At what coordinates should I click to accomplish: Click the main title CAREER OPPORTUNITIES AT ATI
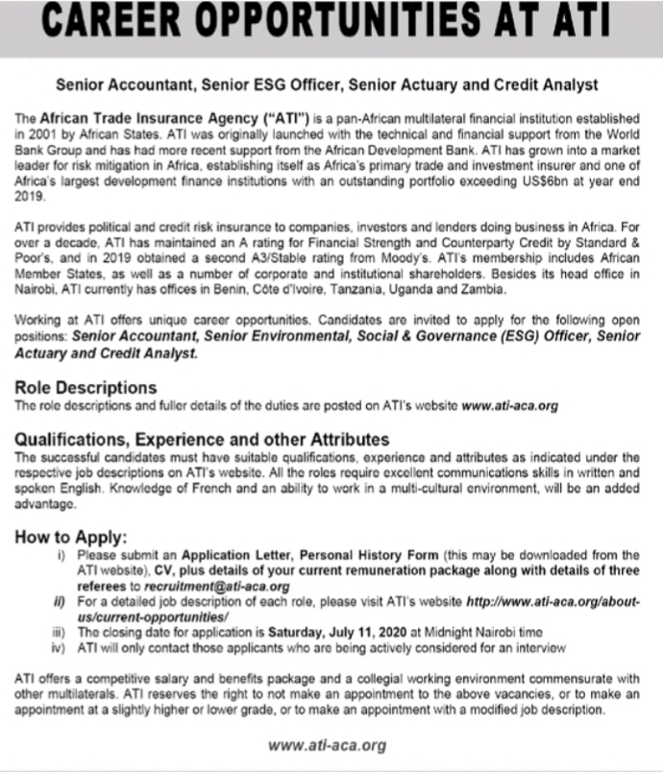click(x=331, y=25)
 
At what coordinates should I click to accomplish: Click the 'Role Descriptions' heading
click(x=86, y=388)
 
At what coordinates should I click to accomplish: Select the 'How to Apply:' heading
click(x=71, y=538)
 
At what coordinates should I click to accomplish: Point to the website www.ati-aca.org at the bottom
click(x=328, y=745)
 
